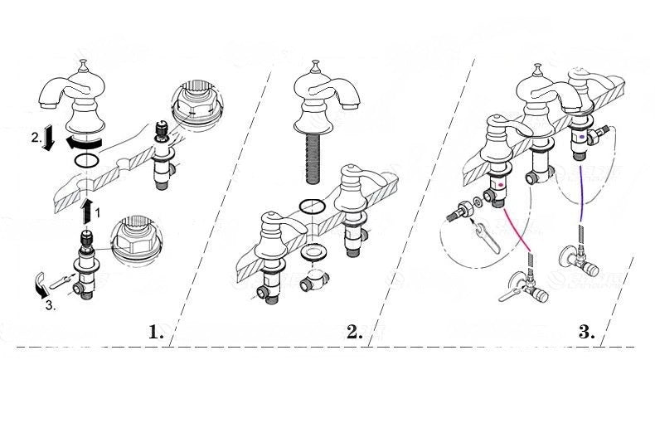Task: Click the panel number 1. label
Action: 157,333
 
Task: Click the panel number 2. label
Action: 354,333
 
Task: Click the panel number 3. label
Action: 586,333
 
